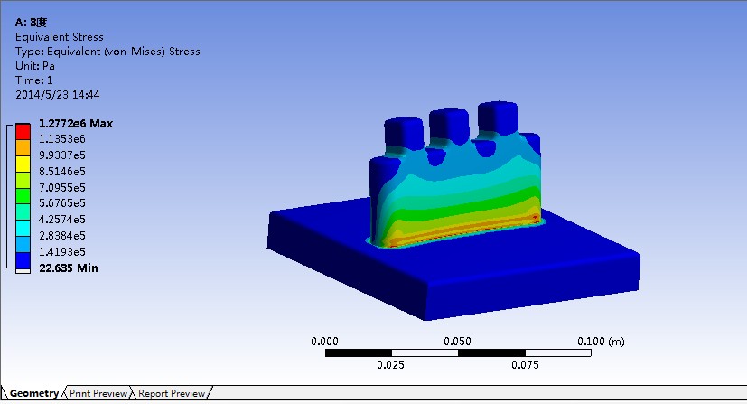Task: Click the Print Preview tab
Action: [98, 394]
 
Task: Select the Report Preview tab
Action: [172, 394]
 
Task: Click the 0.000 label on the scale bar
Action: [325, 342]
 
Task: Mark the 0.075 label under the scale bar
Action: [526, 365]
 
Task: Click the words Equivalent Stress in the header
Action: [60, 37]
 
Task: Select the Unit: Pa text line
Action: [35, 66]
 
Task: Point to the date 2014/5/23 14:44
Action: [58, 94]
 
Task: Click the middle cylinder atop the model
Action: [447, 125]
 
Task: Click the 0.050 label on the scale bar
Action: [459, 342]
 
